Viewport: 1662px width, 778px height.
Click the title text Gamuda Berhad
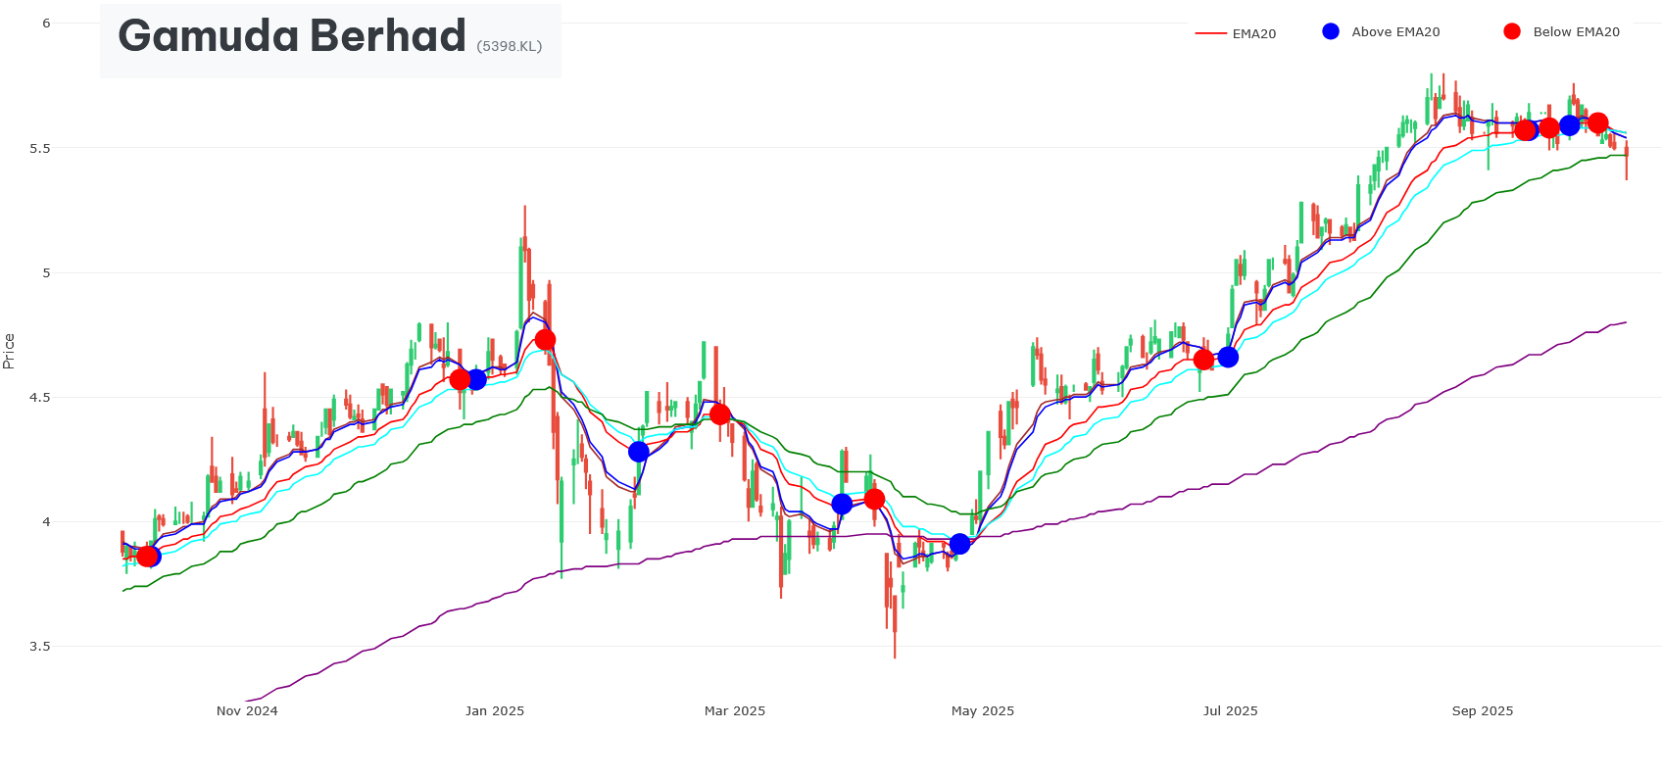[291, 37]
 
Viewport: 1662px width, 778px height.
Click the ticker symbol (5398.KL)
[509, 46]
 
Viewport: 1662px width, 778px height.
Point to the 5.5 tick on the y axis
[40, 148]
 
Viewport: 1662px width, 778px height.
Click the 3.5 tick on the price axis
[40, 647]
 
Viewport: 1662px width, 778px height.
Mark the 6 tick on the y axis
[46, 24]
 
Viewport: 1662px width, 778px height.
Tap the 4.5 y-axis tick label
[40, 398]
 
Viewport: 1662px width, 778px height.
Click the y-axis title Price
[9, 351]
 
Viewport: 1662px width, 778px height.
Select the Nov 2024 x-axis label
[247, 711]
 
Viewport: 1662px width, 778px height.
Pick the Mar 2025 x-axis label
[735, 711]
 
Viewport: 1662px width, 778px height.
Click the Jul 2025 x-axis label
[1230, 711]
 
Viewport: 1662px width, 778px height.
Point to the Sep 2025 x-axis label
[1482, 711]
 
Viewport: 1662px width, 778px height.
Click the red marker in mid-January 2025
[546, 340]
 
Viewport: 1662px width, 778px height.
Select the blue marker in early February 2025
[639, 452]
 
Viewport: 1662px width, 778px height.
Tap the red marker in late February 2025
[720, 414]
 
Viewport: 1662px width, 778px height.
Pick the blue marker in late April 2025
[959, 544]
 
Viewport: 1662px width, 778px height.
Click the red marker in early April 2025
[874, 500]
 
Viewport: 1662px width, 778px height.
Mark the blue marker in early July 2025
[1228, 358]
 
